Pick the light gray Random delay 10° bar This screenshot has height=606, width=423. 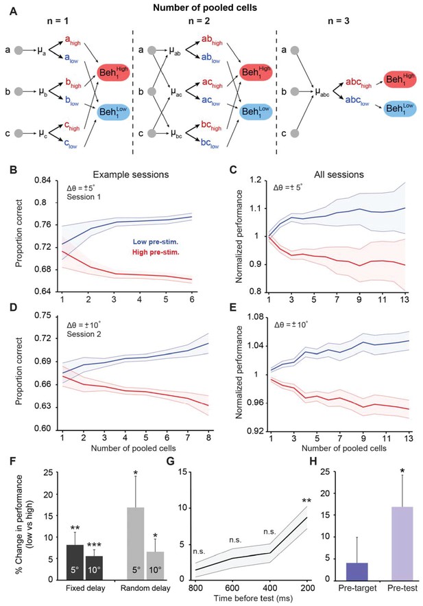(156, 566)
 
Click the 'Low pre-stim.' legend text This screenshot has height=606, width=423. (156, 242)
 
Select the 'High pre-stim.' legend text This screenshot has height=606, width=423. (155, 253)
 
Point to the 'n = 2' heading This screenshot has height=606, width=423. (199, 21)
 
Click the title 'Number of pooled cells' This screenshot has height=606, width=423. (205, 7)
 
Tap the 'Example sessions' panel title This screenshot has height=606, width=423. (131, 174)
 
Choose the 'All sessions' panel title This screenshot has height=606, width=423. (339, 174)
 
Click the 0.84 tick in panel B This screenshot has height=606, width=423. (43, 180)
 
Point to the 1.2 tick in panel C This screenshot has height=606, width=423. (256, 180)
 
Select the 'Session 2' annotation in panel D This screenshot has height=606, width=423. (84, 334)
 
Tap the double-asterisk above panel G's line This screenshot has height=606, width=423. (307, 502)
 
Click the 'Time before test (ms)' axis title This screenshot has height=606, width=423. (254, 598)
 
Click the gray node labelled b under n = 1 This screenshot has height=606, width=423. (19, 91)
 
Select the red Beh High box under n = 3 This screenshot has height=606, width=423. (400, 80)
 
